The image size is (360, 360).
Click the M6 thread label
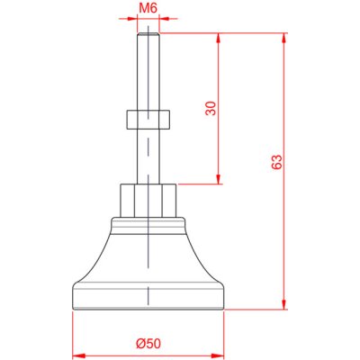pos(148,8)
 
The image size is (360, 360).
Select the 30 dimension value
pos(211,108)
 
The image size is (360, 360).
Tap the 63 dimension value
pos(276,162)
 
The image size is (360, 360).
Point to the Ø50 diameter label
pos(148,344)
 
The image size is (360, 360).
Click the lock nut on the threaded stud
pos(148,120)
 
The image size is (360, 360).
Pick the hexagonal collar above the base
pos(148,201)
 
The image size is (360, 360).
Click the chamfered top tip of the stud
pos(148,34)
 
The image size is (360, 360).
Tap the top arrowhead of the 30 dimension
pos(219,38)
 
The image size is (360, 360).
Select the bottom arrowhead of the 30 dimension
pos(219,179)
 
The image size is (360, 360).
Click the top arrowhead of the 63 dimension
pos(283,38)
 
